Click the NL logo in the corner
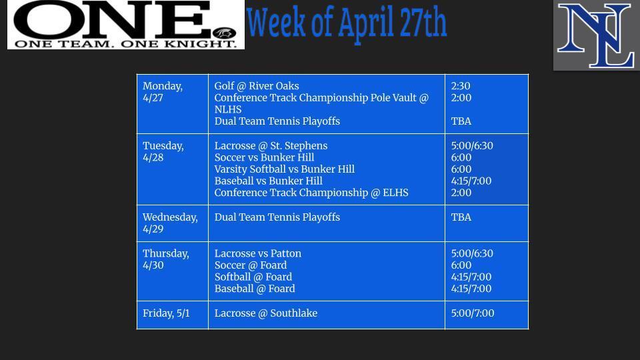pos(596,35)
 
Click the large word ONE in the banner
pos(111,20)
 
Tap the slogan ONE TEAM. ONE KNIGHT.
pos(125,44)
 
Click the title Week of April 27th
pos(347,23)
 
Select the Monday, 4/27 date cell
pos(163,92)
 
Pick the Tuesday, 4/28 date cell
pos(163,151)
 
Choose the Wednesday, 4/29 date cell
pos(170,223)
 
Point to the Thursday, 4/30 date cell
pos(166,259)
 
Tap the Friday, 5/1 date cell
pos(166,313)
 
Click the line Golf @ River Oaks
pos(257,86)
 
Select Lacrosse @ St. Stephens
pos(271,146)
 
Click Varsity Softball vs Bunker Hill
pos(284,169)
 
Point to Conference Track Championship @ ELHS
pos(311,193)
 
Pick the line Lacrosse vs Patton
pos(258,253)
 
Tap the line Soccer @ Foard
pos(251,265)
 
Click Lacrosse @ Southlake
pos(266,313)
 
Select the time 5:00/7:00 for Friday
pos(473,313)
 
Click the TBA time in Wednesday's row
pos(461,217)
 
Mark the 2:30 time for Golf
pos(461,86)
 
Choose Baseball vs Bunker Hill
pos(268,181)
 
